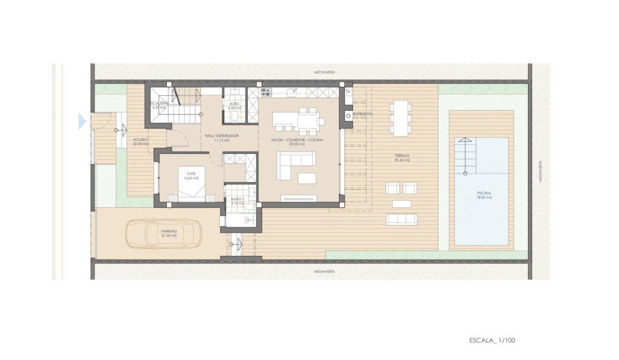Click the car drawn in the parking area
164,234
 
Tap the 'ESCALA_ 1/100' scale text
492,340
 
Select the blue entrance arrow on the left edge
82,121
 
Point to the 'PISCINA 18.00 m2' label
484,194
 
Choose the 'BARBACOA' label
363,113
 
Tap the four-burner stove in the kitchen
266,93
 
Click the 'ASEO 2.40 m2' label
234,106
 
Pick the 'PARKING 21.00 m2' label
169,233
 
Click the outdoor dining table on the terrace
401,117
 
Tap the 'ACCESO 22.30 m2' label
140,142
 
